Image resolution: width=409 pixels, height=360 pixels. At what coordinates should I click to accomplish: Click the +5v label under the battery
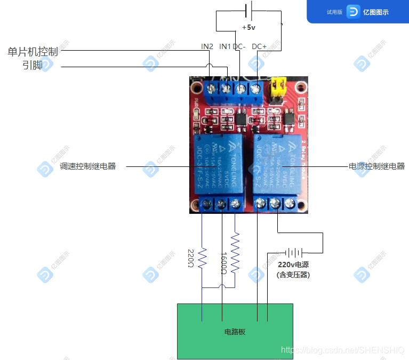tap(248, 27)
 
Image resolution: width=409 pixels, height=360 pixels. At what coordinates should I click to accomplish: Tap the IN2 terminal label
tap(207, 46)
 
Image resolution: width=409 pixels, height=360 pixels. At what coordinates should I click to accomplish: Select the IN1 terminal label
tap(225, 46)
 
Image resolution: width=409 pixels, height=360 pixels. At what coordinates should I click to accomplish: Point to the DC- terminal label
tap(239, 46)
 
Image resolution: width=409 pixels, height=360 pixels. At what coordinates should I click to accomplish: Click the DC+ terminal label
tap(259, 46)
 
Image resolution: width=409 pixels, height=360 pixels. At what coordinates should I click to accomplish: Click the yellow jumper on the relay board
tap(277, 89)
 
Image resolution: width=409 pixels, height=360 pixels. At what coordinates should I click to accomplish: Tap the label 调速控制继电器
tap(88, 166)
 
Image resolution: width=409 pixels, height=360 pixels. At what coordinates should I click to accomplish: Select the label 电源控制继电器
tap(376, 166)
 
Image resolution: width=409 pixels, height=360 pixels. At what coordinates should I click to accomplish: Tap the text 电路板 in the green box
tap(235, 332)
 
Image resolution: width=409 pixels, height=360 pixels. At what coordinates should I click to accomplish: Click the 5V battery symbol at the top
tap(248, 11)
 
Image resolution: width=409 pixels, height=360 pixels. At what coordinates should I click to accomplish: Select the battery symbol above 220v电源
tap(293, 252)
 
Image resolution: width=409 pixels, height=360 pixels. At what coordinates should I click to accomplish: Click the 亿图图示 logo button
tap(368, 12)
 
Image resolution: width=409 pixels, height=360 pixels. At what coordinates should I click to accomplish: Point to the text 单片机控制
tap(33, 52)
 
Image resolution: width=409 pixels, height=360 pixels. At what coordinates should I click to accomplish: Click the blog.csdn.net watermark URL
tap(343, 350)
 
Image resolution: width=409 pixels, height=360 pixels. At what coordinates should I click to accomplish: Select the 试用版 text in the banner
tap(334, 12)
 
